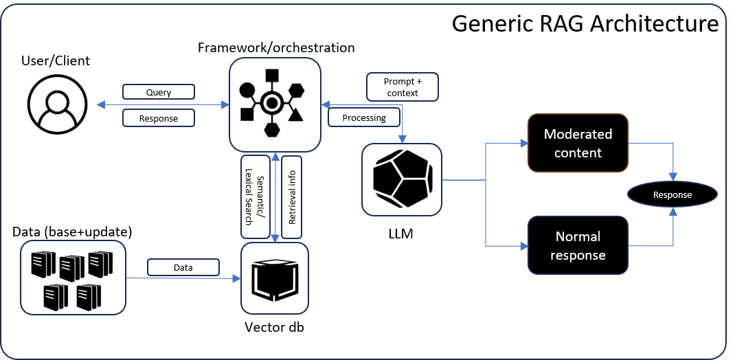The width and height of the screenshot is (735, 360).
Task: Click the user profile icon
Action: click(x=57, y=104)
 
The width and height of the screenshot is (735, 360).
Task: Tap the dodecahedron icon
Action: click(x=402, y=180)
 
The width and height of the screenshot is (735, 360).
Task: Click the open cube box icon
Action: click(x=275, y=278)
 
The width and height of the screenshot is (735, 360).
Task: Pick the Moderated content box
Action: click(x=578, y=143)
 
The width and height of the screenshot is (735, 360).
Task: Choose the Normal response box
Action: click(x=578, y=245)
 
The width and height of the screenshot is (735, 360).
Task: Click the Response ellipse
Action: click(x=672, y=195)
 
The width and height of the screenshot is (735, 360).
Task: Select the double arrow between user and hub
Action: click(x=162, y=104)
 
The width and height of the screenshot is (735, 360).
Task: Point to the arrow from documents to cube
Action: click(x=182, y=278)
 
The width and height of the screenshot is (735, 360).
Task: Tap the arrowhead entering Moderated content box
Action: click(x=524, y=144)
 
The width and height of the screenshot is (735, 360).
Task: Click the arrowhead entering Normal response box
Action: click(x=524, y=245)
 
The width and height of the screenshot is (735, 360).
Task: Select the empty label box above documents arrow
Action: click(x=183, y=267)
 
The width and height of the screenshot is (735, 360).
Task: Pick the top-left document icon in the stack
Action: click(x=43, y=265)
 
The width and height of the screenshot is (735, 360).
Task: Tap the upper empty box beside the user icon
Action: click(x=159, y=91)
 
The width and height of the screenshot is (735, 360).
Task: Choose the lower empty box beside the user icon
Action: click(x=159, y=118)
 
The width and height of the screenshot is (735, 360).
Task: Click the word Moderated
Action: click(x=578, y=134)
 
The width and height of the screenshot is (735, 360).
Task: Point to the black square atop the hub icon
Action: click(x=272, y=76)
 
